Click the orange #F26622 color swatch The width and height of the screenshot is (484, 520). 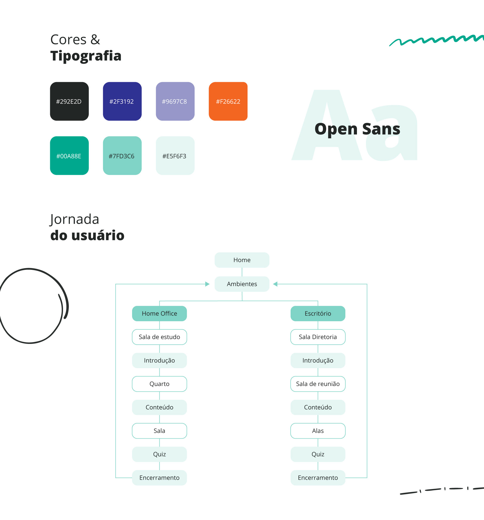click(x=228, y=101)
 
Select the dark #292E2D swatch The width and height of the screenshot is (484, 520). click(x=69, y=101)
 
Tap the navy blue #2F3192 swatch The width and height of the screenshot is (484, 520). click(x=122, y=101)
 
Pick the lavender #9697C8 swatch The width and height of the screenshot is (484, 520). click(x=175, y=101)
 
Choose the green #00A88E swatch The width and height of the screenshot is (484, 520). click(x=69, y=156)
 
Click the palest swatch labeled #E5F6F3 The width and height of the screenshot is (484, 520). click(x=175, y=156)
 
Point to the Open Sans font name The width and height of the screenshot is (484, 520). click(x=357, y=129)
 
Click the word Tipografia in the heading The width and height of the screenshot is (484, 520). click(x=86, y=56)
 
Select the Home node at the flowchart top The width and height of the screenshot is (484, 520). click(x=242, y=260)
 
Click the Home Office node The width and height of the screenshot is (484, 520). click(x=159, y=314)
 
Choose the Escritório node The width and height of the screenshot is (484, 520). click(x=318, y=314)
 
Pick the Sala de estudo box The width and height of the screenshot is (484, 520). click(x=159, y=337)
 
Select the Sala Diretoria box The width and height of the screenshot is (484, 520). click(x=318, y=337)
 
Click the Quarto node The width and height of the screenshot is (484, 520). click(x=159, y=384)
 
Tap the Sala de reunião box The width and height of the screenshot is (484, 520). click(x=318, y=384)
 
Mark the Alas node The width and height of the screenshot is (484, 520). click(x=318, y=431)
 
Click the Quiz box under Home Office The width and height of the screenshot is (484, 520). click(x=159, y=454)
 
